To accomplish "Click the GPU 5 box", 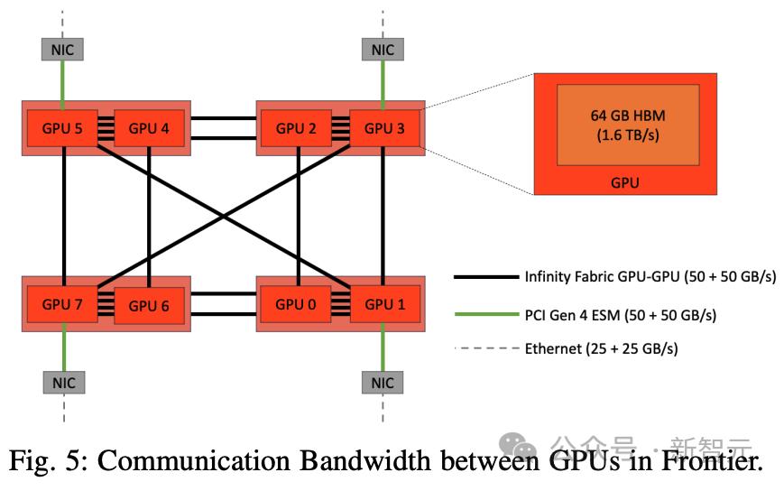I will [x=61, y=128].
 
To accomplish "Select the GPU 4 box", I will [x=149, y=128].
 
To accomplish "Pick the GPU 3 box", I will [x=383, y=128].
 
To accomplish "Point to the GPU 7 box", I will [x=61, y=304].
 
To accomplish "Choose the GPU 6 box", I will [x=149, y=305].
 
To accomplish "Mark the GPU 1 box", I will [x=383, y=304].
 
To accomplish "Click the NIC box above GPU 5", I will [x=63, y=50].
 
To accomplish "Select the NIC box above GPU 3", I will [x=383, y=50].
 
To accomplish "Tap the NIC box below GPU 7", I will [x=63, y=382].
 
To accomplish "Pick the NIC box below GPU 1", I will [x=383, y=382].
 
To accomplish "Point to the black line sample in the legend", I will [x=484, y=277].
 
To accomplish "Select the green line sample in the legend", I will [x=484, y=312].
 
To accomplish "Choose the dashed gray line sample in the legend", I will [x=484, y=347].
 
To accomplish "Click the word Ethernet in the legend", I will [x=553, y=347].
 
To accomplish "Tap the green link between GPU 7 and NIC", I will [x=63, y=347].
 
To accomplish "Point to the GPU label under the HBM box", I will [x=625, y=182].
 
